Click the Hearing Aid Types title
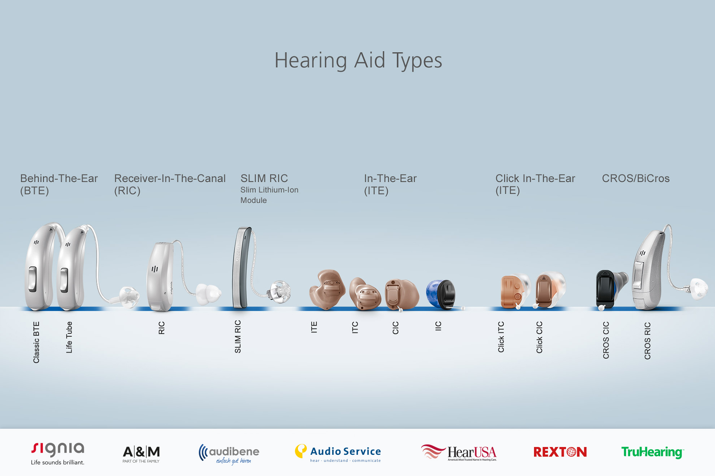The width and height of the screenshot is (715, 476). [x=358, y=61]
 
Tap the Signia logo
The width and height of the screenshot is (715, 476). [x=58, y=453]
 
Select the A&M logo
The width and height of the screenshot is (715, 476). [x=141, y=453]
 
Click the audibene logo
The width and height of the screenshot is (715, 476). [x=229, y=454]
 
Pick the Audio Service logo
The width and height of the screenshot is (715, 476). [x=338, y=453]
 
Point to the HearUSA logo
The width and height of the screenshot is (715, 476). [x=459, y=452]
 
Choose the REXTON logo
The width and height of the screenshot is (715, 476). [x=560, y=452]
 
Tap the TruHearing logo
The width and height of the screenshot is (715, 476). [x=652, y=452]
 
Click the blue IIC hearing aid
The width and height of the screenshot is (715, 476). [x=441, y=294]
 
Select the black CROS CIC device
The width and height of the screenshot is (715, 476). [x=606, y=289]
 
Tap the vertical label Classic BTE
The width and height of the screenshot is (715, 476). [x=36, y=342]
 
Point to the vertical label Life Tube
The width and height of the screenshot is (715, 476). [x=69, y=337]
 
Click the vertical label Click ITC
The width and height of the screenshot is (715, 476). [x=501, y=337]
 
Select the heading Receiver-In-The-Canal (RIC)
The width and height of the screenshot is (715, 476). [x=169, y=184]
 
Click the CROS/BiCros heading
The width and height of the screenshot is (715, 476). [x=635, y=178]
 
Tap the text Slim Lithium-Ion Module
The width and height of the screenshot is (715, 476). [x=269, y=195]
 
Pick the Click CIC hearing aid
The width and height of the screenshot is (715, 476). [x=546, y=291]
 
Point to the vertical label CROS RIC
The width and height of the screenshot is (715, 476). [x=647, y=341]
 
